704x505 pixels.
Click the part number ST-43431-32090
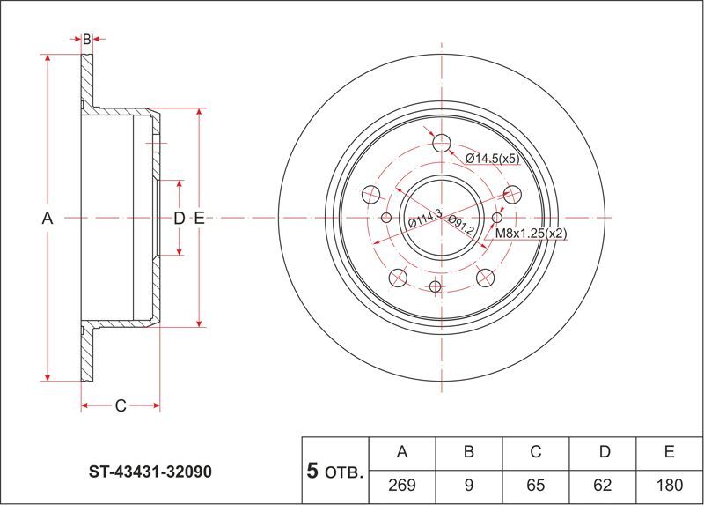tap(150, 472)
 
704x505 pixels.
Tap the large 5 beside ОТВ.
tap(312, 471)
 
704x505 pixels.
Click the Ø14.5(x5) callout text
tap(493, 159)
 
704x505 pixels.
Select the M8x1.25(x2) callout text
tap(532, 234)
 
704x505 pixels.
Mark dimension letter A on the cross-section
tap(48, 219)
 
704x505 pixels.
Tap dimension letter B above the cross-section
tap(86, 40)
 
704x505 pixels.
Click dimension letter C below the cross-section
tap(121, 406)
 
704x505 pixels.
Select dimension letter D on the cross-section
tap(180, 219)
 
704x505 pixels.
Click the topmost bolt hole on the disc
tap(442, 143)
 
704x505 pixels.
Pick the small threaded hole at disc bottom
tap(435, 286)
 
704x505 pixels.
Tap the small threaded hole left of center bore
tap(386, 218)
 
